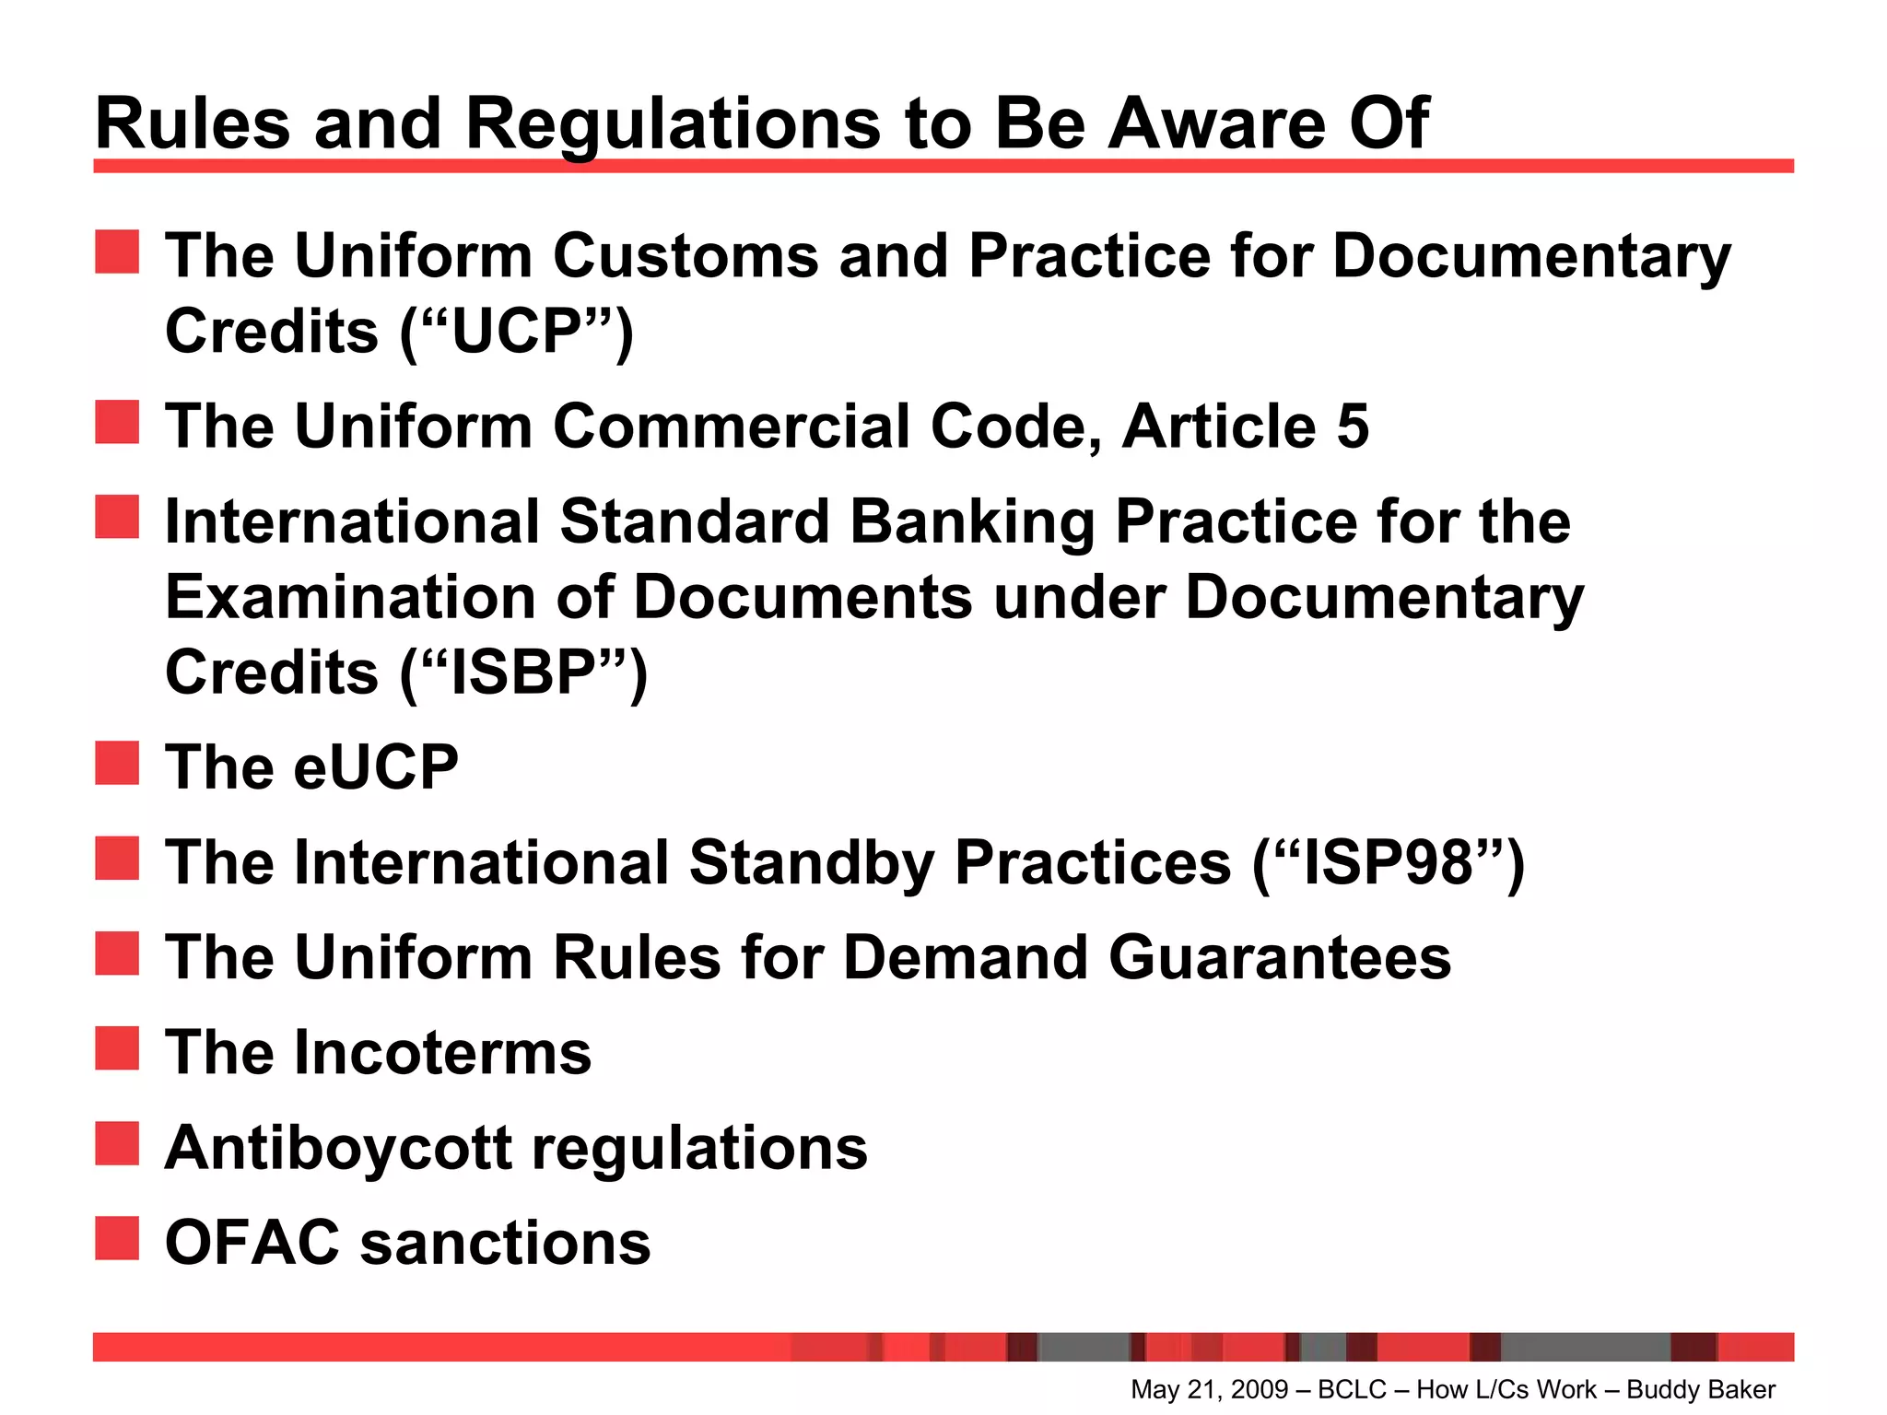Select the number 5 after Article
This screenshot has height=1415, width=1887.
click(1352, 427)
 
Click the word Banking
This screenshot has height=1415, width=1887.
click(971, 521)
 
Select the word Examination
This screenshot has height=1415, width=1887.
click(350, 597)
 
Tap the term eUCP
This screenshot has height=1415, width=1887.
click(375, 766)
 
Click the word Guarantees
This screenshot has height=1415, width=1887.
click(1279, 957)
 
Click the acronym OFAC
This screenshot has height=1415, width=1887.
click(252, 1243)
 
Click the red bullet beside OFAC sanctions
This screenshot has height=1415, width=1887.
click(117, 1238)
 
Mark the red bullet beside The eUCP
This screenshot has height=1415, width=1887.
click(117, 763)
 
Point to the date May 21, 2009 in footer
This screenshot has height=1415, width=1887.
click(1209, 1389)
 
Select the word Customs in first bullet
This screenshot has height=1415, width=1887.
click(685, 255)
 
